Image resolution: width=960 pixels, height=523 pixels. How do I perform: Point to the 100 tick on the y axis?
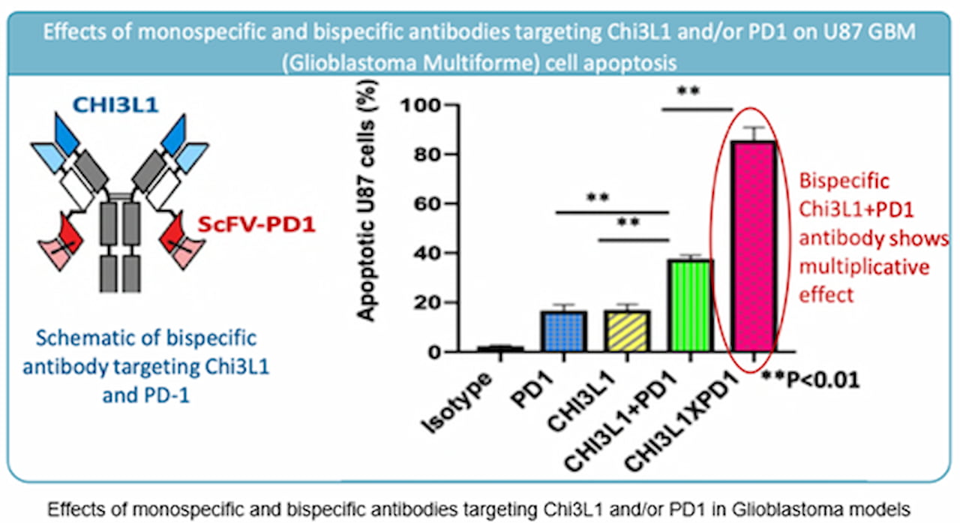(423, 106)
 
